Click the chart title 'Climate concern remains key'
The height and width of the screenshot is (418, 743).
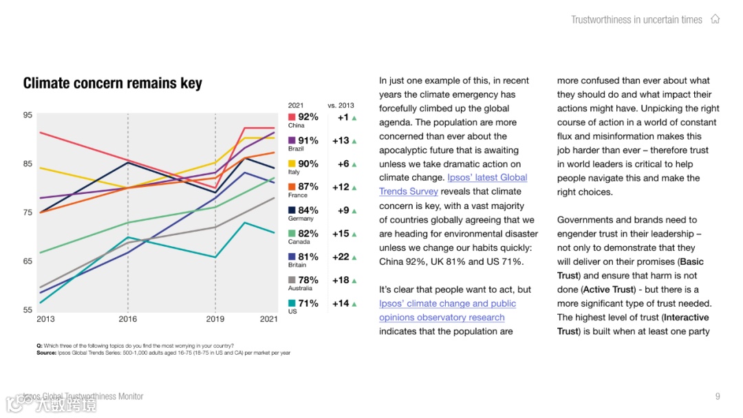pyautogui.click(x=113, y=83)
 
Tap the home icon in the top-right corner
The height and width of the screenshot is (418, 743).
pyautogui.click(x=715, y=19)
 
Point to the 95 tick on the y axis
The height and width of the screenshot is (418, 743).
pyautogui.click(x=28, y=115)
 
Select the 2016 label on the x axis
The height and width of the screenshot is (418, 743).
pyautogui.click(x=128, y=319)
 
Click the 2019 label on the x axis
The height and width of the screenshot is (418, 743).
pyautogui.click(x=215, y=319)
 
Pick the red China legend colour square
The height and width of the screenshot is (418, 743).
pyautogui.click(x=292, y=117)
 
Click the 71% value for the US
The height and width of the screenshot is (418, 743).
pyautogui.click(x=308, y=303)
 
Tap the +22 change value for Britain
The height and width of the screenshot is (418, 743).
pyautogui.click(x=341, y=257)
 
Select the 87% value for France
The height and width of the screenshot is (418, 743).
pyautogui.click(x=308, y=186)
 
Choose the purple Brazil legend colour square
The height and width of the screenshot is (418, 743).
pyautogui.click(x=292, y=140)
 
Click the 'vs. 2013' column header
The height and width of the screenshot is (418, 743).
pyautogui.click(x=341, y=105)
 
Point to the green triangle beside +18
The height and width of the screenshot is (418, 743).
pyautogui.click(x=354, y=280)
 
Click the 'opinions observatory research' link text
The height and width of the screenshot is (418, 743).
pyautogui.click(x=442, y=318)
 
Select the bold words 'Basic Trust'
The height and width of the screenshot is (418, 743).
pyautogui.click(x=691, y=262)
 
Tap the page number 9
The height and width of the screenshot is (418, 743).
pyautogui.click(x=718, y=396)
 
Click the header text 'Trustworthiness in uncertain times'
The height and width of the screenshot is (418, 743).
pyautogui.click(x=636, y=19)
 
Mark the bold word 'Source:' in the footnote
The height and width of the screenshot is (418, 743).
pyautogui.click(x=46, y=353)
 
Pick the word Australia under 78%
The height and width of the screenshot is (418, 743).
pyautogui.click(x=300, y=288)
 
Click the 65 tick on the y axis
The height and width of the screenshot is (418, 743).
pyautogui.click(x=28, y=261)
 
